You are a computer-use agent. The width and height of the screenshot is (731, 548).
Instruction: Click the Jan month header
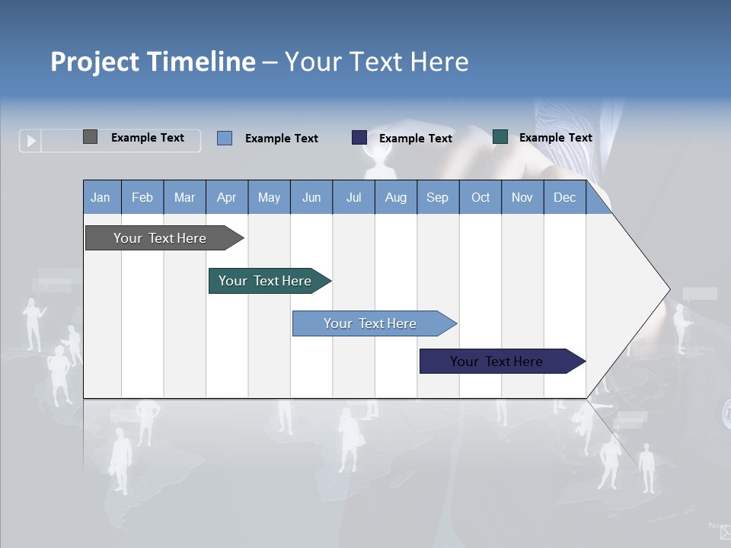pyautogui.click(x=101, y=197)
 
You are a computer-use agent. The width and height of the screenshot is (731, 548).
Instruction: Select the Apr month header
pyautogui.click(x=226, y=197)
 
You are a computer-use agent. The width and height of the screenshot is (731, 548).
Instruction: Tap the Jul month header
pyautogui.click(x=353, y=197)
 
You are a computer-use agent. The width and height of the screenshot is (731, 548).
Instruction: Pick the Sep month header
pyautogui.click(x=437, y=197)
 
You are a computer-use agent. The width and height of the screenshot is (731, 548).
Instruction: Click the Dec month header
pyautogui.click(x=564, y=197)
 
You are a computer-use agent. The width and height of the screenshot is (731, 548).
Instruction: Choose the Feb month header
pyautogui.click(x=142, y=197)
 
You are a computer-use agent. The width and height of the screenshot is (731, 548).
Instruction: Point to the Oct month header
pyautogui.click(x=480, y=197)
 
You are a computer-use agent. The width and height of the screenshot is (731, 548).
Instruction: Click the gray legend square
pyautogui.click(x=90, y=137)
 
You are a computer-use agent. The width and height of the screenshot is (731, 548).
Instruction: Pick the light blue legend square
pyautogui.click(x=225, y=138)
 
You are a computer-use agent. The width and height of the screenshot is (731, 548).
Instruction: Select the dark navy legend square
pyautogui.click(x=359, y=138)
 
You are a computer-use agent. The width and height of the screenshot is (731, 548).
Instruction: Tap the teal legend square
pyautogui.click(x=500, y=137)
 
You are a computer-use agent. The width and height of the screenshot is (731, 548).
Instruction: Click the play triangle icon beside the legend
pyautogui.click(x=31, y=141)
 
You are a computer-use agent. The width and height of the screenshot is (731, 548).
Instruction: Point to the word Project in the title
pyautogui.click(x=94, y=62)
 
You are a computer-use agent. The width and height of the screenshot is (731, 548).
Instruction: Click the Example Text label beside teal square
pyautogui.click(x=555, y=138)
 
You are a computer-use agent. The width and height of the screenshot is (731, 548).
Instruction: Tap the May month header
pyautogui.click(x=269, y=197)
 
